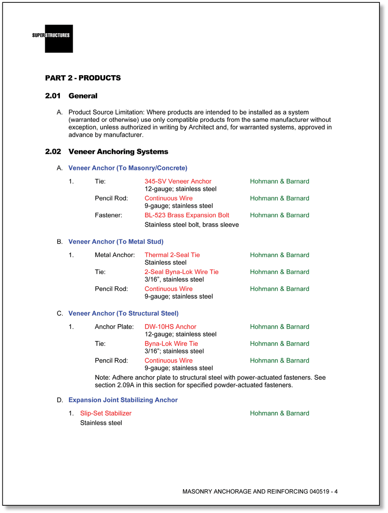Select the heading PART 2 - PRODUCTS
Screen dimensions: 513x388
(83, 78)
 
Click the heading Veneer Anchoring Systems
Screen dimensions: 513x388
(118, 152)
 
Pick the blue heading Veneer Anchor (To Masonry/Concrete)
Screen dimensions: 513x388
(127, 168)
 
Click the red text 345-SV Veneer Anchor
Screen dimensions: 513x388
(178, 181)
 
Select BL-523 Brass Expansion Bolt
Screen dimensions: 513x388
(186, 215)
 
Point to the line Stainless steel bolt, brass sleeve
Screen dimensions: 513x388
(191, 225)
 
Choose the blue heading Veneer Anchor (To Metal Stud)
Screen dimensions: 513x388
(116, 242)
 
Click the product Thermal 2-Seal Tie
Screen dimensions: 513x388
(172, 255)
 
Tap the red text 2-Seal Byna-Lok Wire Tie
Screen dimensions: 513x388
(181, 272)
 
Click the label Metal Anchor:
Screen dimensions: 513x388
(115, 255)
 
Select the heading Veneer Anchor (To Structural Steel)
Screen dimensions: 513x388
(123, 313)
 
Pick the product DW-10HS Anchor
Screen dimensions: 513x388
(170, 327)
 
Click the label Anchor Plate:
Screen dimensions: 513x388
(114, 327)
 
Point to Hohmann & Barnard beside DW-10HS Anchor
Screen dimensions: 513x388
(279, 327)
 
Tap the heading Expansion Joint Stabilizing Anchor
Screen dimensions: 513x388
(123, 400)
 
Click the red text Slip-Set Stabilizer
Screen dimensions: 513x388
(106, 414)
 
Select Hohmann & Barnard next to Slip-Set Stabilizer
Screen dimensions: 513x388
(279, 414)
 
